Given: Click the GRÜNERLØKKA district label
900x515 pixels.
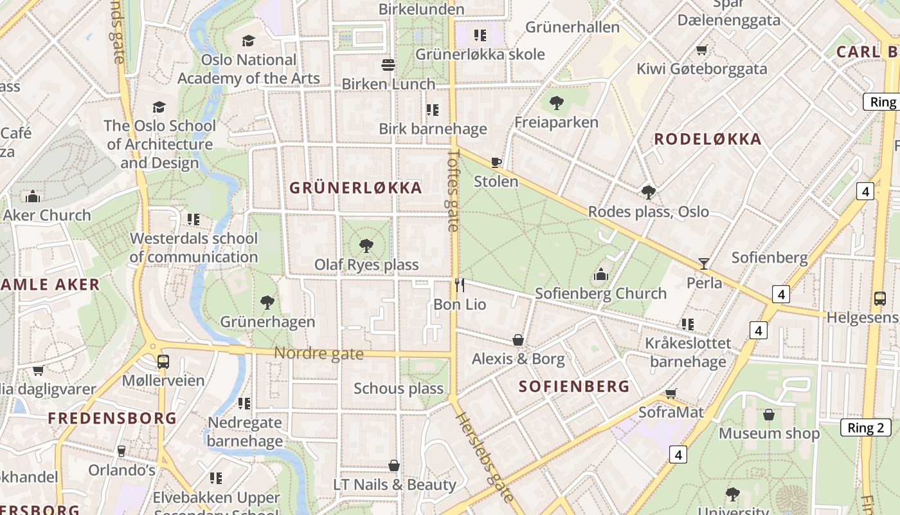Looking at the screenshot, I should [x=355, y=188].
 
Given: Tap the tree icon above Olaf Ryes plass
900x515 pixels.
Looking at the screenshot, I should [x=366, y=245].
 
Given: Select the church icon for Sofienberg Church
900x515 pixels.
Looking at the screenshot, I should [x=601, y=275].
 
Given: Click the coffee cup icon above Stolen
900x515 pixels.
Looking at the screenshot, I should [x=496, y=162].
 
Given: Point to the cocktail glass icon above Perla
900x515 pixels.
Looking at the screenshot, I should [x=704, y=263].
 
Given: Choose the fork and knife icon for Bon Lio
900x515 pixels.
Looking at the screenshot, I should [x=459, y=285].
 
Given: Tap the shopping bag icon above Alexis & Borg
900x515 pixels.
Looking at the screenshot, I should [x=518, y=340].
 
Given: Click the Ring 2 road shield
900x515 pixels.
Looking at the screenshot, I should [x=866, y=427].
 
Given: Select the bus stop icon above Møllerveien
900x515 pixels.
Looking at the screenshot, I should [x=163, y=362].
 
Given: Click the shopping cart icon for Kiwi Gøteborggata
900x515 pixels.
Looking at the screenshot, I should [x=702, y=50].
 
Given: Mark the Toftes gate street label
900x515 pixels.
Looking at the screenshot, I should [x=453, y=191].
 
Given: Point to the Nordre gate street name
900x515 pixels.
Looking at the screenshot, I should [x=319, y=353].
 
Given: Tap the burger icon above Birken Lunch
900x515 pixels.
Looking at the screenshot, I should [x=388, y=65].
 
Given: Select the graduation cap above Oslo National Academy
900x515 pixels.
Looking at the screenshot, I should [x=248, y=41].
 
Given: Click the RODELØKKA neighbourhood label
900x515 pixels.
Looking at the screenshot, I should [x=708, y=139].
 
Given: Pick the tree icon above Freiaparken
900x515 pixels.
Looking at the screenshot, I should [x=557, y=103].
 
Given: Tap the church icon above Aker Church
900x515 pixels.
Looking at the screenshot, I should [x=33, y=196].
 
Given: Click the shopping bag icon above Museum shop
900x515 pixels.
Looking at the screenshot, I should [x=769, y=415].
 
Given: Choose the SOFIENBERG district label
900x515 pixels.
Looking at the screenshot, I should [x=574, y=386].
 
